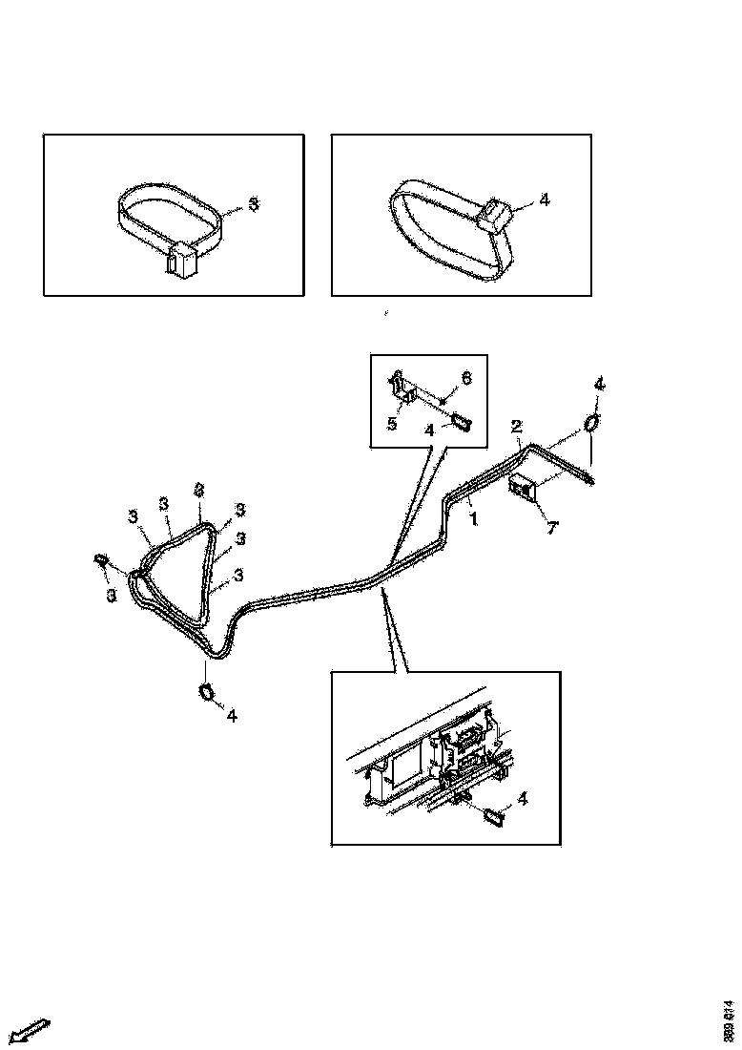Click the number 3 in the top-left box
click(253, 203)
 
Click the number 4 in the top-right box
click(544, 200)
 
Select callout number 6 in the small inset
click(466, 379)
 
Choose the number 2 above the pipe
click(516, 426)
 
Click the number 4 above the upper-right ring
click(598, 384)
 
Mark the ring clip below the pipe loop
click(206, 690)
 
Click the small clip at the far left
click(100, 559)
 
